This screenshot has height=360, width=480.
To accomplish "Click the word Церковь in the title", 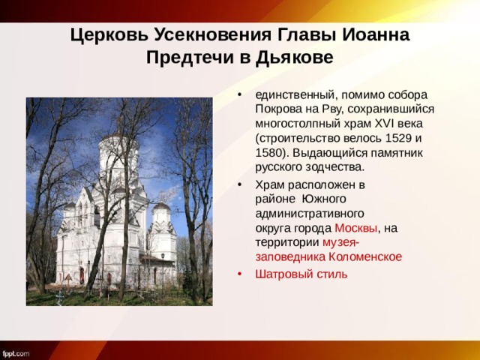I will click(109, 34).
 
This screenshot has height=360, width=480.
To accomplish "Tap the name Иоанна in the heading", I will click(374, 34).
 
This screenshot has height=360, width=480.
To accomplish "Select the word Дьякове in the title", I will click(292, 57).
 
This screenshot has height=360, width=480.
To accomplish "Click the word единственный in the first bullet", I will click(293, 95).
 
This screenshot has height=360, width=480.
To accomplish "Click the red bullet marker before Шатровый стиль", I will click(239, 274).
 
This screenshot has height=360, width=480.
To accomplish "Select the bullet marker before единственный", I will click(239, 95).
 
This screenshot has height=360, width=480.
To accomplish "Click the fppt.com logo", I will click(16, 352).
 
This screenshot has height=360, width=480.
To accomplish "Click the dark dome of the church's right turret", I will click(161, 205).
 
